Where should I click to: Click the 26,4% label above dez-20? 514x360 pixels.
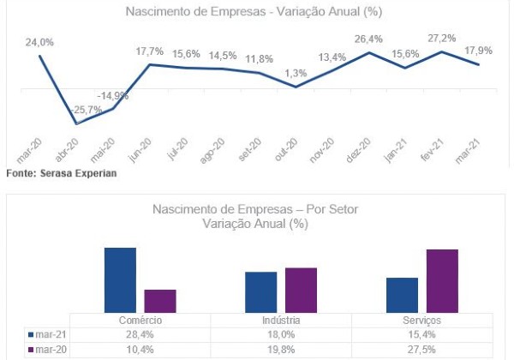(x=368, y=39)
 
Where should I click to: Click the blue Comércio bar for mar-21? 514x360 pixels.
(x=121, y=280)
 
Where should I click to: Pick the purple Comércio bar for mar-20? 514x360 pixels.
(x=160, y=301)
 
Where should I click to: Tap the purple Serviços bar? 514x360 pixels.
(x=442, y=281)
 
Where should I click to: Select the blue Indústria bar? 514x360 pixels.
(x=261, y=292)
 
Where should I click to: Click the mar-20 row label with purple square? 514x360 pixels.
(x=50, y=350)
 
